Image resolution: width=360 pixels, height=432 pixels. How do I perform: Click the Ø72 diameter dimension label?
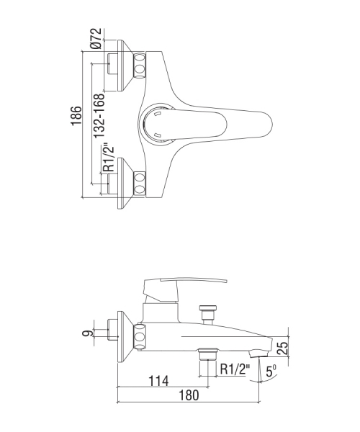[97, 38]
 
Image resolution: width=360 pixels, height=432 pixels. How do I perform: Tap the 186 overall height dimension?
[76, 116]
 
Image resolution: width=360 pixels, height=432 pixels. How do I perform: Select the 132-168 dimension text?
[99, 116]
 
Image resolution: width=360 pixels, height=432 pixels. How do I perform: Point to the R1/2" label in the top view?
[108, 158]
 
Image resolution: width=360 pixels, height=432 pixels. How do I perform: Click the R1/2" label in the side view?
[235, 369]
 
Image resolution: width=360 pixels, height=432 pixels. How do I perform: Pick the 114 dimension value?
[158, 381]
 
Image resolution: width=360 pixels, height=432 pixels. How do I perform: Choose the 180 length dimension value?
[189, 395]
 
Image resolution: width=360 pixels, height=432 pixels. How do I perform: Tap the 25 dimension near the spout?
[282, 348]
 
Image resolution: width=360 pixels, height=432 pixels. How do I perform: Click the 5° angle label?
[271, 371]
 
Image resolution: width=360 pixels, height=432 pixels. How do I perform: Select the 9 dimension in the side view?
[88, 333]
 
